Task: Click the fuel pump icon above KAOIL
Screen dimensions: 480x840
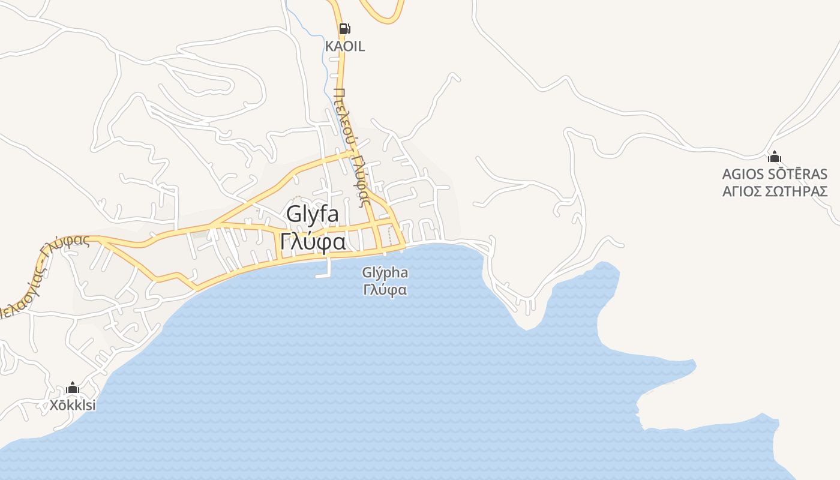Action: [x=344, y=28]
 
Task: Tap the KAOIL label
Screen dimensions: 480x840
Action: [x=344, y=46]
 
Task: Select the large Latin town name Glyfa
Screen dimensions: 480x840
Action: [x=313, y=214]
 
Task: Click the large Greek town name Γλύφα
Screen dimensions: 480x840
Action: [x=313, y=242]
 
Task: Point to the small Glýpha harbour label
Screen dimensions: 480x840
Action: [x=385, y=273]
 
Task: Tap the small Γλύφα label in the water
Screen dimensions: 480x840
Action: [x=385, y=290]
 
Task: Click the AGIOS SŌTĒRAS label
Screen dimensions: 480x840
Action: [x=775, y=175]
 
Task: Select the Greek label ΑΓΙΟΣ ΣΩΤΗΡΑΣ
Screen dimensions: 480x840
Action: [x=775, y=191]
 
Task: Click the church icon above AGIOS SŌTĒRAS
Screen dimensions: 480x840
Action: [x=775, y=158]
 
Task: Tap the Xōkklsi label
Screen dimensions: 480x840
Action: [x=73, y=406]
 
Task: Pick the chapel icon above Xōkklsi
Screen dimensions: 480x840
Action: [x=73, y=388]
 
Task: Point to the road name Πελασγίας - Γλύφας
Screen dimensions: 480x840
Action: [x=42, y=276]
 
